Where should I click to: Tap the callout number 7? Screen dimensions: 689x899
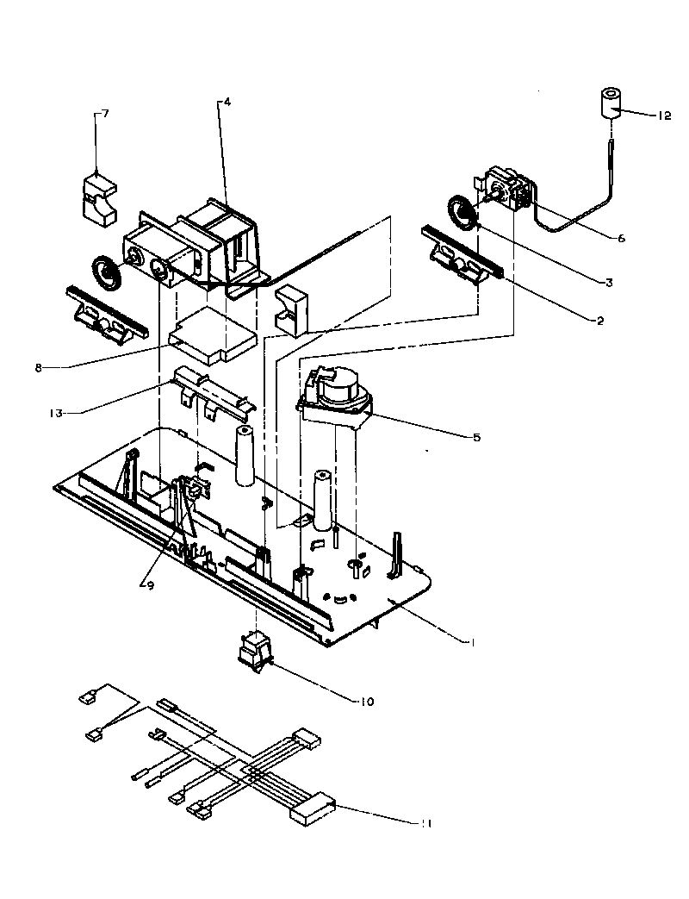tap(105, 113)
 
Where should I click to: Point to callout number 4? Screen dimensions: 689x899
tap(227, 101)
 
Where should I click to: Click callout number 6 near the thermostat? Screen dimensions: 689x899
tap(621, 239)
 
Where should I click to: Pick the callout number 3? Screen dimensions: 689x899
tap(608, 282)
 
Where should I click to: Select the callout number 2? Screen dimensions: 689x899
tap(600, 321)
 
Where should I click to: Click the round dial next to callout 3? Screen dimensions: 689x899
tap(462, 211)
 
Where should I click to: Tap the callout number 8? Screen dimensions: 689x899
tap(39, 367)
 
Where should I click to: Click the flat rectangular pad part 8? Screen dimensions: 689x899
tap(213, 336)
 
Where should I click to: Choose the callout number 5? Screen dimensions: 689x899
tap(476, 437)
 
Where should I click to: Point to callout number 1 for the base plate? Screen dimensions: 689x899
tap(472, 641)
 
